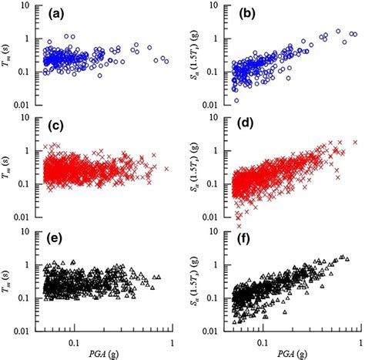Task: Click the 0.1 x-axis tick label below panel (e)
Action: click(75, 339)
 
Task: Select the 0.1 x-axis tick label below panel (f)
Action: click(263, 339)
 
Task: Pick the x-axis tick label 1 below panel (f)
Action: click(360, 339)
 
